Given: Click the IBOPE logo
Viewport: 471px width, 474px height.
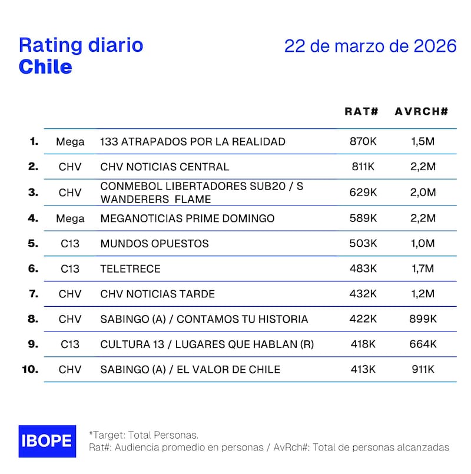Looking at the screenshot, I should pos(47,441).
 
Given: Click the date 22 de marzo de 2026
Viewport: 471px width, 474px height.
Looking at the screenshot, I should pos(370,46).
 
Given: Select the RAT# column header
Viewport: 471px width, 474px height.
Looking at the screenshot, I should pos(361,111).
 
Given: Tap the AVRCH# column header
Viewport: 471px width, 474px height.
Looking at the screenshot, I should pos(422,111).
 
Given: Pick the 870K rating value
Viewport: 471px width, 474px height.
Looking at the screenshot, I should pos(363,141).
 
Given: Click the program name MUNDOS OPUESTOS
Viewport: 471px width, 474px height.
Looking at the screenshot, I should pos(154,243).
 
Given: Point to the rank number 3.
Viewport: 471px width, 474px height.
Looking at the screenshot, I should pos(33,192).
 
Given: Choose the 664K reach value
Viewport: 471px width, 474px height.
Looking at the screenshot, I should pos(423,344).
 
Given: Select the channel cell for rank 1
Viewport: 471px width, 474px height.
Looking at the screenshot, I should pos(70,141).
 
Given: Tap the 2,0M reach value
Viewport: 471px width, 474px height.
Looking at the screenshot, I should pos(423,192).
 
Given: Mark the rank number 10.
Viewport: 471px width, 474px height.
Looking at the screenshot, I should pos(30,369).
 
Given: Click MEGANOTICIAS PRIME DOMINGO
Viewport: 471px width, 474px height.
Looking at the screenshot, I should pos(187,218).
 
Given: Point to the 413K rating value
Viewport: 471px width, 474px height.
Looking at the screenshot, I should pos(363,369).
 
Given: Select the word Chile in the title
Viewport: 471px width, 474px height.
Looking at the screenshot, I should pos(45,67).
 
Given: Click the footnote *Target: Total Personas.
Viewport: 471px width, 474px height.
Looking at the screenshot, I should pos(143,435).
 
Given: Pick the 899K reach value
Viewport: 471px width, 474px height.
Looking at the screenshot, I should pos(423,319).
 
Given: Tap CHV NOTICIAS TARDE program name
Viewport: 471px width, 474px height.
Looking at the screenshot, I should pos(157,294).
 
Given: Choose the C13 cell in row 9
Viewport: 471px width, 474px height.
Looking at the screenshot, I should pos(70,344).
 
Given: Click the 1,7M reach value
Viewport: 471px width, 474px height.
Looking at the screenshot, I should pos(423,269).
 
